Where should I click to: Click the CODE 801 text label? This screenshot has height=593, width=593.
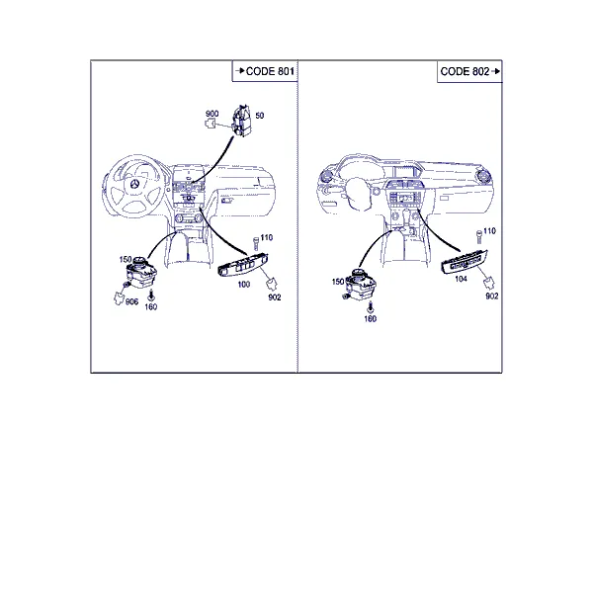(270, 71)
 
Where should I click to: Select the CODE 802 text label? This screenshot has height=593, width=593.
(465, 71)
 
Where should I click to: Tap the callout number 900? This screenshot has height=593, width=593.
(212, 114)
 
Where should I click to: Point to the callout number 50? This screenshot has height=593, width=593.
(259, 116)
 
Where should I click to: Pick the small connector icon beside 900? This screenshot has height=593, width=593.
(211, 123)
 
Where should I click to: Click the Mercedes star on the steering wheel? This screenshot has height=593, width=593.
(135, 184)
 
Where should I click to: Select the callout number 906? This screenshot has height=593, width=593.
(131, 301)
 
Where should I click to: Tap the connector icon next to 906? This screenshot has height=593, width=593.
(120, 298)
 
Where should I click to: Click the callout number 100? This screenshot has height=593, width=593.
(244, 285)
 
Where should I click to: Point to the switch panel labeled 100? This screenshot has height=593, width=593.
(243, 265)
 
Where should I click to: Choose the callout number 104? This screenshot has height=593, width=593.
(461, 279)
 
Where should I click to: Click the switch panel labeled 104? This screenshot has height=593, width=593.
(465, 262)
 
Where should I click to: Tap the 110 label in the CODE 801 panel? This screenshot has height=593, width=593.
(267, 237)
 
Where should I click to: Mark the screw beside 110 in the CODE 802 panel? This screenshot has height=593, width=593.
(479, 237)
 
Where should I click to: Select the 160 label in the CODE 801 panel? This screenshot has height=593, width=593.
(151, 307)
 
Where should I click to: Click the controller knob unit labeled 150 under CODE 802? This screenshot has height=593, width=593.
(361, 284)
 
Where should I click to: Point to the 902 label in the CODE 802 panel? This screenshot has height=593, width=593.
(492, 296)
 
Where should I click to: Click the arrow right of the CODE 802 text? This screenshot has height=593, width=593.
(496, 71)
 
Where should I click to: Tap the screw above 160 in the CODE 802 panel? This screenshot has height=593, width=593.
(371, 306)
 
